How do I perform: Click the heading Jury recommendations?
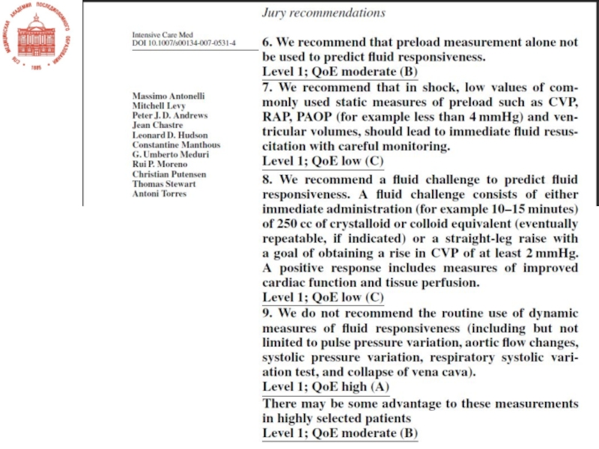(x=323, y=13)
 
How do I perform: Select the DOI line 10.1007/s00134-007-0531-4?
(x=183, y=44)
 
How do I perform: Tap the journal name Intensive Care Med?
(x=165, y=35)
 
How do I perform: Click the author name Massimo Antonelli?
(x=168, y=97)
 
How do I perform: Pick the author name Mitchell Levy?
(x=159, y=107)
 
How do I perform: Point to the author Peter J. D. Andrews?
(x=170, y=116)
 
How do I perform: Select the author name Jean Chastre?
(x=157, y=126)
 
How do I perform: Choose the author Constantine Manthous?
(x=176, y=145)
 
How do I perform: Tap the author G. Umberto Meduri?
(x=170, y=155)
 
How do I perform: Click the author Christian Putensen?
(x=170, y=174)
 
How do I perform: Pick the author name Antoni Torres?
(x=159, y=194)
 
